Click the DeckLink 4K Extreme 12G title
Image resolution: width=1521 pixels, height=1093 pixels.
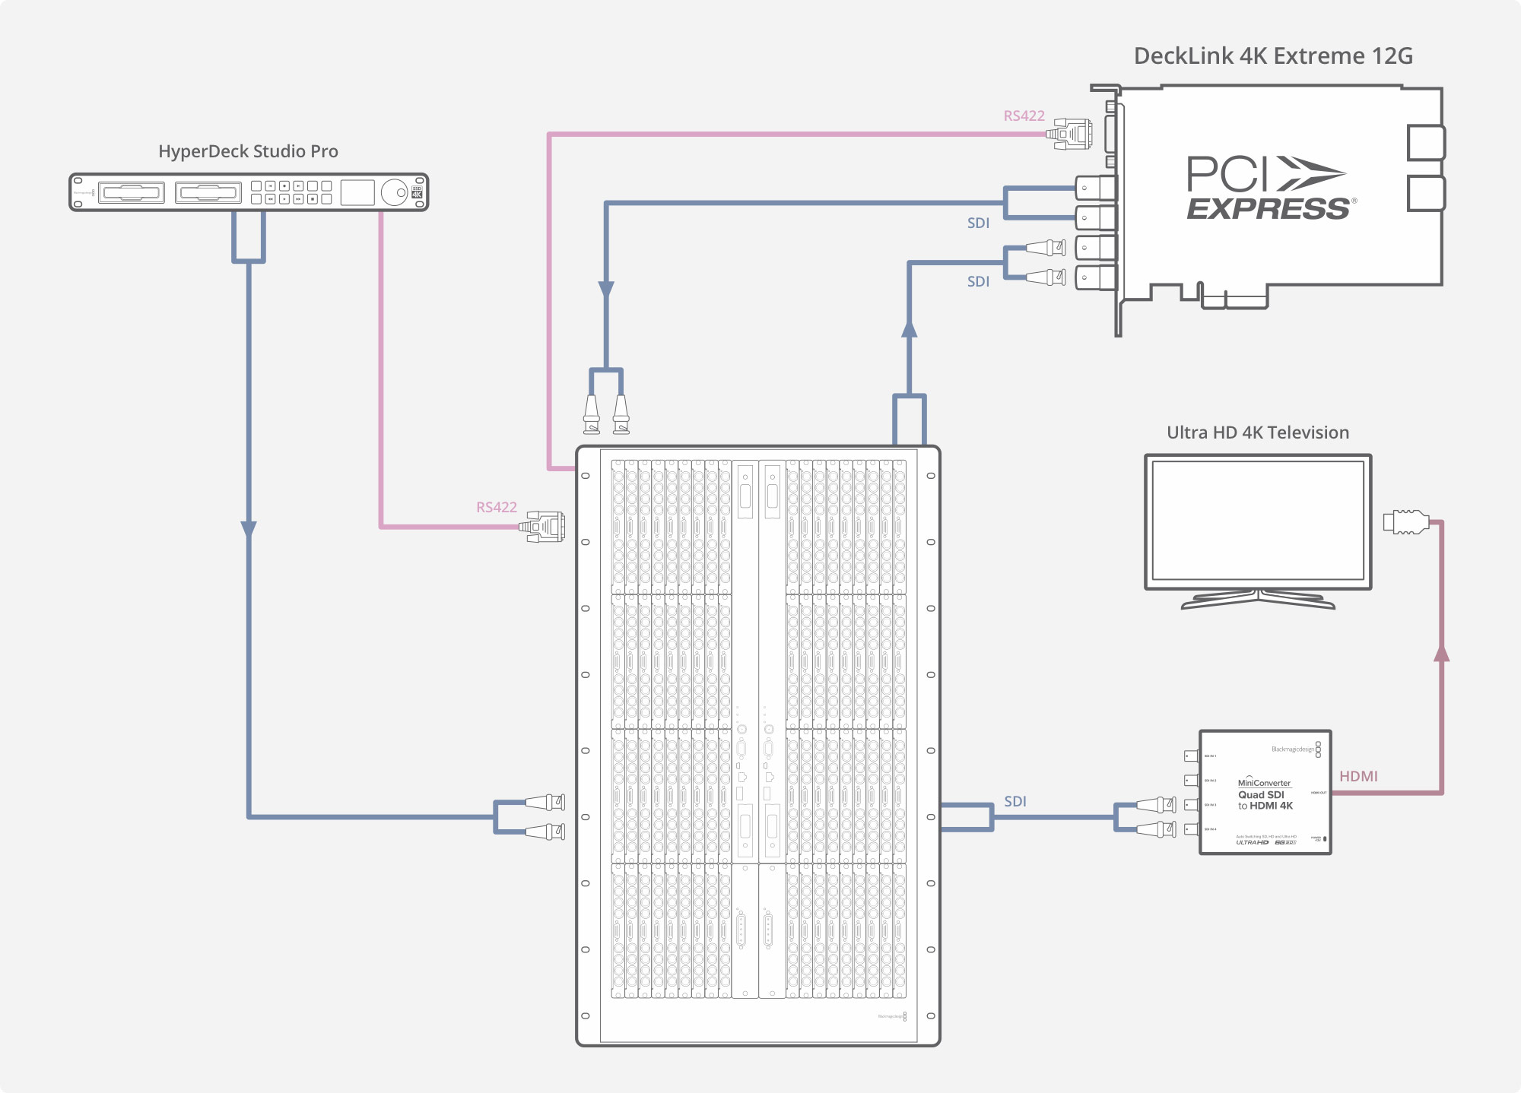click(1272, 56)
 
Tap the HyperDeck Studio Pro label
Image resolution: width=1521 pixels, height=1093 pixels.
click(248, 151)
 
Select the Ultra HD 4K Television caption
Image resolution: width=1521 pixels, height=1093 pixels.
click(1257, 432)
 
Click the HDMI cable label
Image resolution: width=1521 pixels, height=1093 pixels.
click(1358, 776)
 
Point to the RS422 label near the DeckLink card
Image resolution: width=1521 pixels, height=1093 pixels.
click(1024, 116)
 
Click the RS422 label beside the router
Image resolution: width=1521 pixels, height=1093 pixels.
click(496, 507)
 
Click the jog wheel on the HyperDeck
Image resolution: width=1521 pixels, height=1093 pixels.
click(394, 192)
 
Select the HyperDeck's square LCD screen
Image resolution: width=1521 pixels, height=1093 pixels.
click(357, 192)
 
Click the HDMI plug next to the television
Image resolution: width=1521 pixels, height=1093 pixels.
click(1405, 521)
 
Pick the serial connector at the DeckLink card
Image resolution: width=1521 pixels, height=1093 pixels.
click(1071, 134)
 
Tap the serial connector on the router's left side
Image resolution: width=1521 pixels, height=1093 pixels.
click(543, 526)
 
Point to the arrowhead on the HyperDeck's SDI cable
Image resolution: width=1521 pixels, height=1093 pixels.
click(249, 529)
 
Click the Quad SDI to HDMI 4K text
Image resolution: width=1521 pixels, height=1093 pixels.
click(1265, 800)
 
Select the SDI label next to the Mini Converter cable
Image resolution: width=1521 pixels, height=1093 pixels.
click(1015, 801)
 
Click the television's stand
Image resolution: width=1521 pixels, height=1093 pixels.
click(1258, 600)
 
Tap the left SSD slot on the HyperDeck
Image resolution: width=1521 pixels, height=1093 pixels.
click(132, 192)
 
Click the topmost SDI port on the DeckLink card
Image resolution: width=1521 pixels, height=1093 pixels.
click(1094, 188)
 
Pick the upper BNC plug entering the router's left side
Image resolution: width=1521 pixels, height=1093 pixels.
click(545, 802)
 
